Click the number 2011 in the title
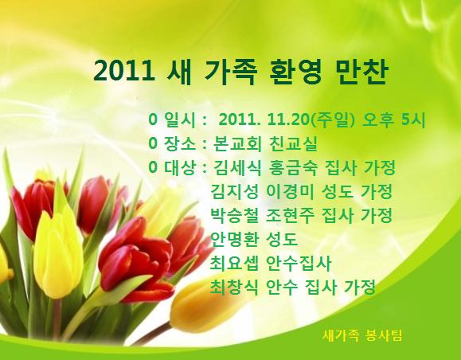[124, 72]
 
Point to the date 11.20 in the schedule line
[289, 119]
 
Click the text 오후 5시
[394, 119]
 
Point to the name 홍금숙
[294, 167]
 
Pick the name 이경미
[290, 191]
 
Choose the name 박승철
[235, 216]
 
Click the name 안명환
[235, 240]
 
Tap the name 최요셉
[234, 264]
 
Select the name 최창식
[234, 287]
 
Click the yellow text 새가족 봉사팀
[362, 335]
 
